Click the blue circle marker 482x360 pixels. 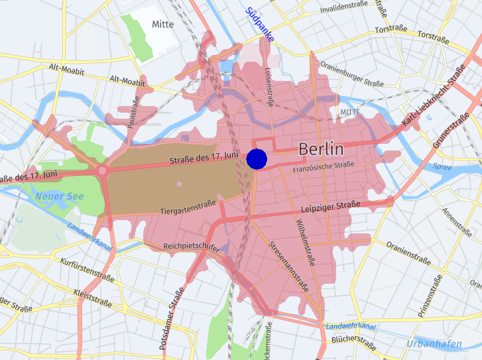[x=257, y=159]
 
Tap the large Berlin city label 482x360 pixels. [x=321, y=149]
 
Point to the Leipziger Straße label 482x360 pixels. [x=330, y=206]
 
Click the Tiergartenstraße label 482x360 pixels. [x=189, y=209]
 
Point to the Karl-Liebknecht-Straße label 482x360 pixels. [x=434, y=97]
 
